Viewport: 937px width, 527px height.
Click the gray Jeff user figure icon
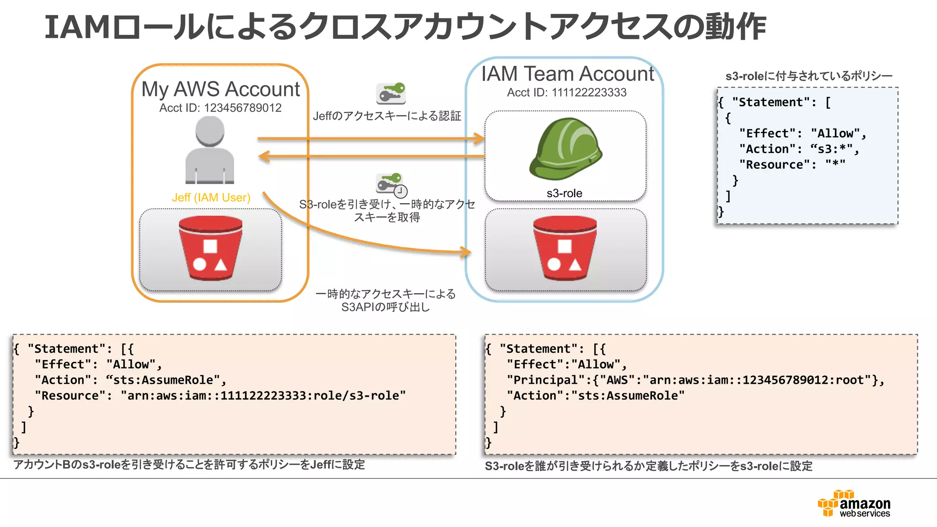pyautogui.click(x=210, y=150)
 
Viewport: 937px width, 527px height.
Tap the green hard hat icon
pyautogui.click(x=565, y=148)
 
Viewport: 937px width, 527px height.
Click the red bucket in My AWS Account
pyautogui.click(x=210, y=248)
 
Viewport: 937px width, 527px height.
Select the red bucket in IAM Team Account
pyautogui.click(x=565, y=248)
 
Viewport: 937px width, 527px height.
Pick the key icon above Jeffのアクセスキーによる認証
pyautogui.click(x=391, y=93)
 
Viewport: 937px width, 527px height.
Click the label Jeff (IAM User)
pyautogui.click(x=211, y=198)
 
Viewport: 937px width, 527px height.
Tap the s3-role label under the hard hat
pyautogui.click(x=564, y=193)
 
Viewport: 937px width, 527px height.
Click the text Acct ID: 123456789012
pyautogui.click(x=220, y=108)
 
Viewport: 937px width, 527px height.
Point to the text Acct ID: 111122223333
pyautogui.click(x=566, y=92)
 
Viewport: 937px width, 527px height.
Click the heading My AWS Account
pyautogui.click(x=221, y=89)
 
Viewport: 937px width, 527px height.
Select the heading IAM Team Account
pyautogui.click(x=567, y=74)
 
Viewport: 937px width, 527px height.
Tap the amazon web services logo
pyautogui.click(x=854, y=504)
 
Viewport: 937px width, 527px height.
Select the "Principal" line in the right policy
pyautogui.click(x=695, y=380)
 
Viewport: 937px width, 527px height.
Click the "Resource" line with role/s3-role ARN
pyautogui.click(x=220, y=396)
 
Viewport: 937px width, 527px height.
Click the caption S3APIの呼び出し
pyautogui.click(x=385, y=307)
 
